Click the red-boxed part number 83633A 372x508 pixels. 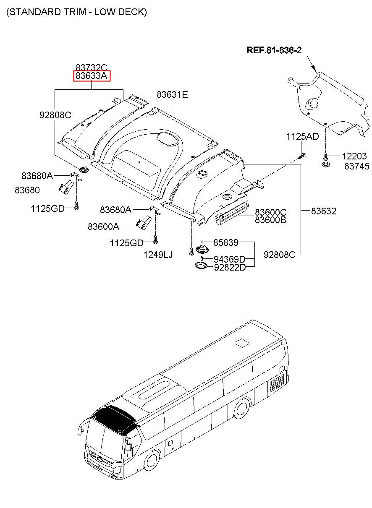click(92, 76)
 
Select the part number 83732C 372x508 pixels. click(92, 67)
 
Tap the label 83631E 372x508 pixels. click(172, 95)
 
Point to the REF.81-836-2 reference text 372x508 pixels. click(274, 50)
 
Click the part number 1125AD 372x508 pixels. click(302, 136)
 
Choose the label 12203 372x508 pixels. click(354, 156)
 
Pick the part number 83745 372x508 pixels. click(356, 166)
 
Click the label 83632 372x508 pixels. click(323, 211)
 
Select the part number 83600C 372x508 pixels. click(271, 212)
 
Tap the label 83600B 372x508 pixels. click(271, 219)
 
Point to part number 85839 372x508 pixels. click(225, 242)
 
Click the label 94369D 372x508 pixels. click(229, 260)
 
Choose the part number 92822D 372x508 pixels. click(230, 267)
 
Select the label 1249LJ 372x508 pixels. click(158, 254)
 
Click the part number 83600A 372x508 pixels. click(103, 227)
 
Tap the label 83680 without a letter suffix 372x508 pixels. click(27, 190)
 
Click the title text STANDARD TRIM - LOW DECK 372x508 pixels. click(76, 12)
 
